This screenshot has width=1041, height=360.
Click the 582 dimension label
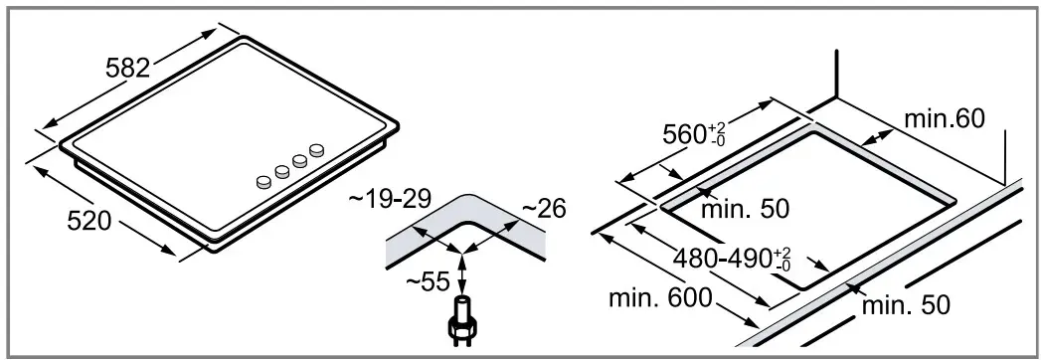(x=128, y=67)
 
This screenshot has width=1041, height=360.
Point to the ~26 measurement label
(x=544, y=209)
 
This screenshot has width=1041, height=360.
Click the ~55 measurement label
(x=429, y=281)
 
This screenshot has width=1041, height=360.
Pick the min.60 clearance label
(x=945, y=118)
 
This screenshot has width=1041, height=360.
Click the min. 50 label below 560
(x=746, y=209)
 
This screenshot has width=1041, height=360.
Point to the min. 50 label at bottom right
(x=906, y=305)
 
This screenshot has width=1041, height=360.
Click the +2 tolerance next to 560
(x=714, y=127)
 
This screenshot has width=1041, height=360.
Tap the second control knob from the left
(x=282, y=170)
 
